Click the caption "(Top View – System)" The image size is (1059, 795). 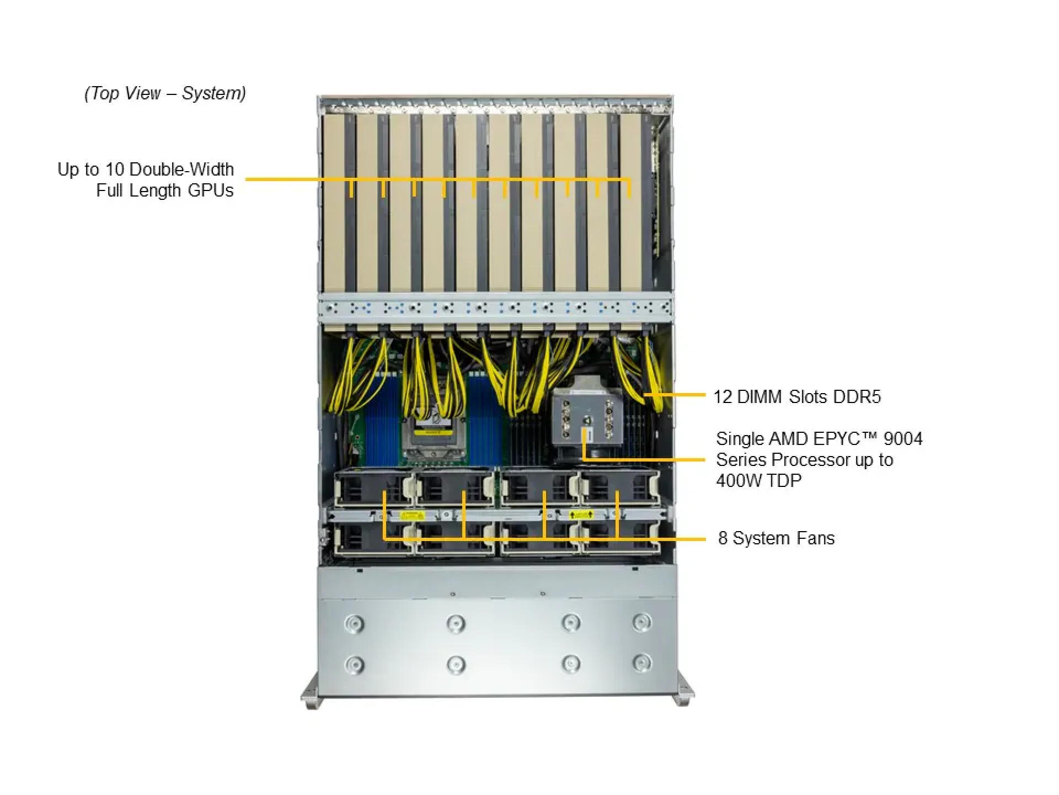coord(165,93)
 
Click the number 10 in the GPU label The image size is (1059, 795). coord(114,169)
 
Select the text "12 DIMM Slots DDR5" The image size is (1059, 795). coord(797,397)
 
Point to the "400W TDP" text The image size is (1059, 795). coord(758,481)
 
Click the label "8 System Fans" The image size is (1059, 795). coord(776,538)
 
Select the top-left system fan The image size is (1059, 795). coord(373,487)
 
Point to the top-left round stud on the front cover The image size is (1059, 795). coord(354,624)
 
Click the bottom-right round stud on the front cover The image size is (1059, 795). coord(641,662)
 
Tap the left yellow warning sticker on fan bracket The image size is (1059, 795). coord(412,516)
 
